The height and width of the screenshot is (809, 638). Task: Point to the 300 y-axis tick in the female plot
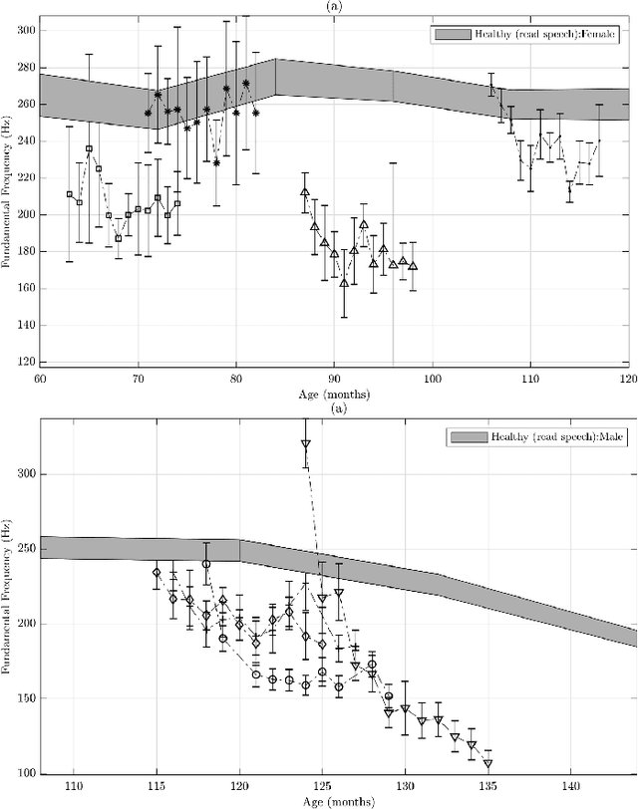(x=24, y=31)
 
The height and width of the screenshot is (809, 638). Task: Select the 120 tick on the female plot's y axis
(x=24, y=363)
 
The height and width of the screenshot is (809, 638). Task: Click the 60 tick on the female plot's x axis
(x=40, y=380)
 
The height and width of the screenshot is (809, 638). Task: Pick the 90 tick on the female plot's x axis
(x=334, y=380)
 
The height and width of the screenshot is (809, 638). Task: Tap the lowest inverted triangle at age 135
(x=488, y=763)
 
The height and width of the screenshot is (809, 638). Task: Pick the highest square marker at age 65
(x=89, y=148)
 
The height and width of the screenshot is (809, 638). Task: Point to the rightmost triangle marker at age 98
(x=413, y=266)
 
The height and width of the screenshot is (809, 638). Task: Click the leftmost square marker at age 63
(x=69, y=194)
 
